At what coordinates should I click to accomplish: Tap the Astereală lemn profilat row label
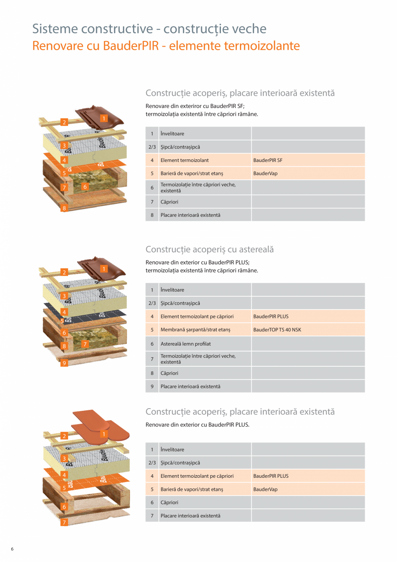pos(186,344)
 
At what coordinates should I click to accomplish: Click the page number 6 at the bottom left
pos(12,549)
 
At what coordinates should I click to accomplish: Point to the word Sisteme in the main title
pos(55,29)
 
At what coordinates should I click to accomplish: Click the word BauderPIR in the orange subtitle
pos(131,46)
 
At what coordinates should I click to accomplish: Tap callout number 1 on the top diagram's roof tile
pos(104,118)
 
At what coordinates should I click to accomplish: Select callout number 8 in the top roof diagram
pos(64,208)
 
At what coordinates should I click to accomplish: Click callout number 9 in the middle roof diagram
pos(64,363)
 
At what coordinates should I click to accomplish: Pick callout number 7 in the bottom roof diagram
pos(64,522)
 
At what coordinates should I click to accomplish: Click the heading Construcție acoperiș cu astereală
pos(210,250)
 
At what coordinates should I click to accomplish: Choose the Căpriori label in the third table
pos(169,502)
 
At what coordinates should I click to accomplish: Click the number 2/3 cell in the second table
pos(152,303)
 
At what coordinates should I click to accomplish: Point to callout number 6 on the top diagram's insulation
pos(85,187)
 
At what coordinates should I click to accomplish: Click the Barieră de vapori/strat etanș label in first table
pos(192,173)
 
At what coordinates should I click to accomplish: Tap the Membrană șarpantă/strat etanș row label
pos(195,330)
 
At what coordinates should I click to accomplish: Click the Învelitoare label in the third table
pos(172,449)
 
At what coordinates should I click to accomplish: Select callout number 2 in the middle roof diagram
pos(64,272)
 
